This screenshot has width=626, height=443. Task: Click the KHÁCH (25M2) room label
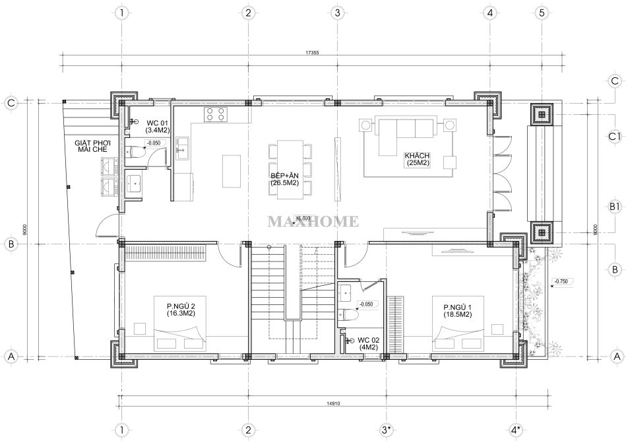point(417,159)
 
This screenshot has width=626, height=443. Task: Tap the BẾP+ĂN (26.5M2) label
point(285,179)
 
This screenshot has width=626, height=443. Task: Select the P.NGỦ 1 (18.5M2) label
point(458,311)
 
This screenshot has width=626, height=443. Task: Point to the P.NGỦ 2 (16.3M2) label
point(181,310)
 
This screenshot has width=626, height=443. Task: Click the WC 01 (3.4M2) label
point(158,126)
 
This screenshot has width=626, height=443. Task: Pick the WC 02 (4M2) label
point(369,343)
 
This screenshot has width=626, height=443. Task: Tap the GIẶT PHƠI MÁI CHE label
point(92,146)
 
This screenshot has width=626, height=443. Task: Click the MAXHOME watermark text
point(313,221)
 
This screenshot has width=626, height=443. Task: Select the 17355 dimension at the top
point(312,52)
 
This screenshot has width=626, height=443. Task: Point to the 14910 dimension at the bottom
point(333,403)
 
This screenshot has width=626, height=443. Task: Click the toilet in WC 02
point(348,315)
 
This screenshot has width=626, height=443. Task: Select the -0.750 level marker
point(561,282)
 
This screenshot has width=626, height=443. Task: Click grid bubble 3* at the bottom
point(385,430)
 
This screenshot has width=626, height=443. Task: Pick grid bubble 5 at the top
point(542,13)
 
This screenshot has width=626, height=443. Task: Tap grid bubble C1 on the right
point(615,137)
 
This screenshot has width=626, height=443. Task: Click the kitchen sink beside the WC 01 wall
point(183,148)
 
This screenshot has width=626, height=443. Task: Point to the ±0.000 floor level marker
point(303,219)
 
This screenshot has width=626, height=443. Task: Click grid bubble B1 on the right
point(615,207)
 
